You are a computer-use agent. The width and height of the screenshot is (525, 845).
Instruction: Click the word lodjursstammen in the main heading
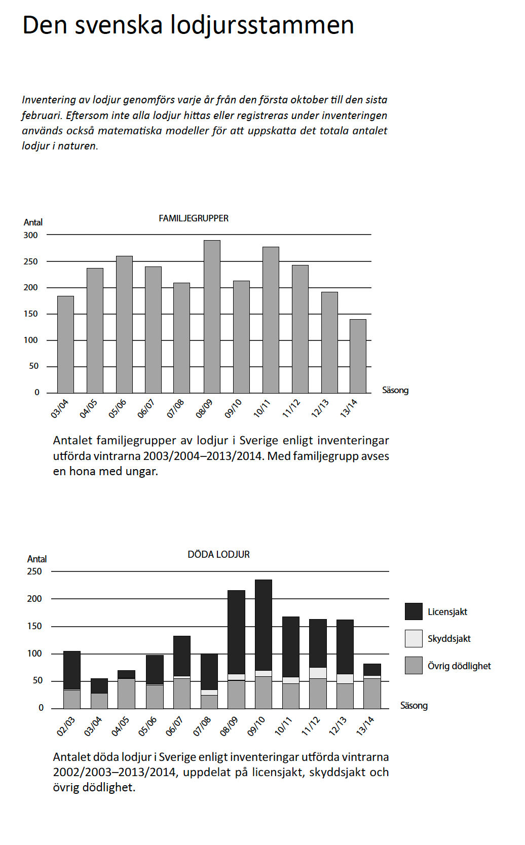261,25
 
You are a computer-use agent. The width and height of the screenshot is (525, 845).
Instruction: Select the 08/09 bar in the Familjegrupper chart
212,317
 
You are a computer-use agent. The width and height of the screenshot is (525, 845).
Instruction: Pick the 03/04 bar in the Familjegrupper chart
65,344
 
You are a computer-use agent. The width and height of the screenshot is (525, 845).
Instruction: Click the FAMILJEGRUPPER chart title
194,218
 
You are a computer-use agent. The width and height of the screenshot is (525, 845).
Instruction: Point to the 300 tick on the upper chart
30,235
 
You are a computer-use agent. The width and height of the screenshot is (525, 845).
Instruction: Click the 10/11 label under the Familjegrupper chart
262,408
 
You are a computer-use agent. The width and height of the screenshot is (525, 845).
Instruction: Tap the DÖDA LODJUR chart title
218,555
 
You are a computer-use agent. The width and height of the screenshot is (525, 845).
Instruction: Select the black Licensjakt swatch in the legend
414,611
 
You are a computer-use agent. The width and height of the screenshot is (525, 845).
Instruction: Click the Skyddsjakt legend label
449,639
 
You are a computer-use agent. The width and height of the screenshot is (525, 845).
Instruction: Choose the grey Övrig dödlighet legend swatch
414,666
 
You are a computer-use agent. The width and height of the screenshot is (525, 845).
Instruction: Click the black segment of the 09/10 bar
264,625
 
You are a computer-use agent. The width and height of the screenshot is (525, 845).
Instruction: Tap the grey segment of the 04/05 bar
126,694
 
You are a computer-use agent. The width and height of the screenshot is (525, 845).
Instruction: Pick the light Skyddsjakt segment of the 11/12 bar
318,673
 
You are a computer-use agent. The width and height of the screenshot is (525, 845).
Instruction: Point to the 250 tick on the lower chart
34,571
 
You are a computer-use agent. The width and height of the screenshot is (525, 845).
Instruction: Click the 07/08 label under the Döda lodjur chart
202,726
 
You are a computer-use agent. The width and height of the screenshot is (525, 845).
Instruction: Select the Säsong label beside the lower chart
414,706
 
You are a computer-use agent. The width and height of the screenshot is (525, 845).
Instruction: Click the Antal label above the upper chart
33,222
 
